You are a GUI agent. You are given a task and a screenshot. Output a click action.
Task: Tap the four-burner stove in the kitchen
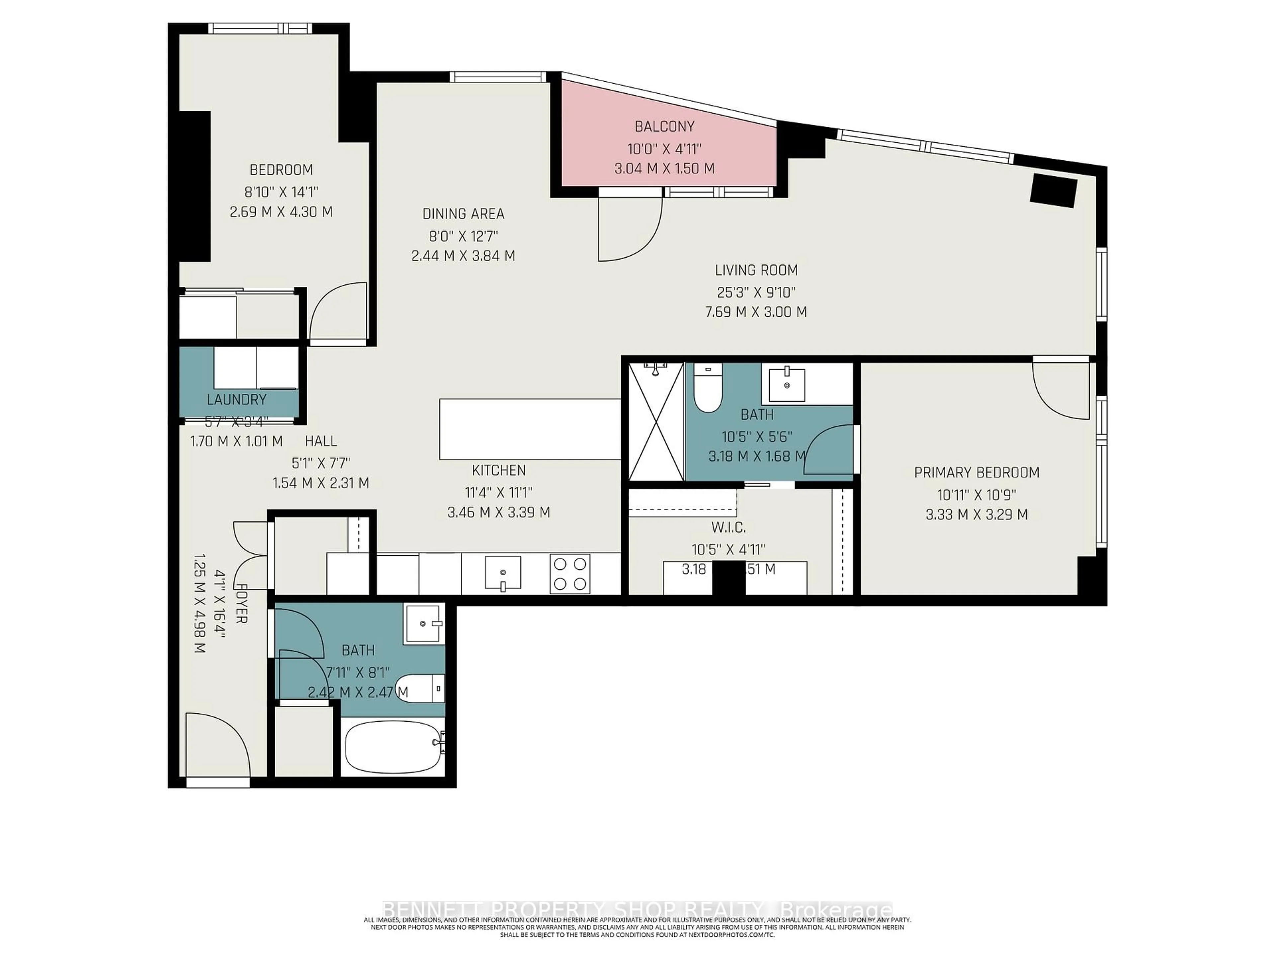coord(570,573)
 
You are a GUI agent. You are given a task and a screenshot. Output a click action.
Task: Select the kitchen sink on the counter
coord(503,573)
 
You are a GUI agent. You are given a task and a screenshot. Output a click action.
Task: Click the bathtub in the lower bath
coord(392,748)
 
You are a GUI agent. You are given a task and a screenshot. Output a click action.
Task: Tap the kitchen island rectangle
coord(530,429)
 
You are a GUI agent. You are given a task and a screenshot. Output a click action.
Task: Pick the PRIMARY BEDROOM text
coord(977,473)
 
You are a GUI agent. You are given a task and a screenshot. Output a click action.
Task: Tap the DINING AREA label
coord(464,214)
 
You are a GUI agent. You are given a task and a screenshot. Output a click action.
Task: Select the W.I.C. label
coord(728,527)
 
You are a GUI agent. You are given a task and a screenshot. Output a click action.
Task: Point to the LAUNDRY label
coord(236,399)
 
